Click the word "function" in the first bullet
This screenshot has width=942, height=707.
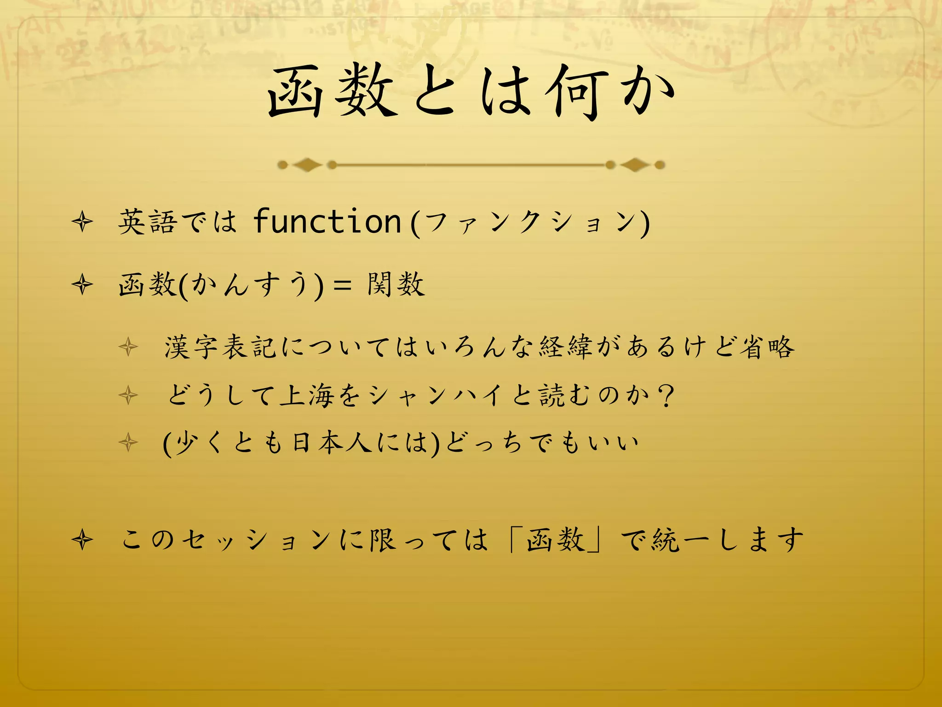coord(327,222)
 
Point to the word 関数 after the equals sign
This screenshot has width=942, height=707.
coord(396,284)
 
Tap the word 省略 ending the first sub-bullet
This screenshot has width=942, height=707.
coord(767,347)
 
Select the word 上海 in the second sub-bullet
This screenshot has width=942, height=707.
coord(307,395)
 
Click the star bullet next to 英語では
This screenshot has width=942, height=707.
coord(83,223)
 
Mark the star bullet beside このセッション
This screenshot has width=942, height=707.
coord(83,540)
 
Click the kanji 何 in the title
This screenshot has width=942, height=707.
coord(576,92)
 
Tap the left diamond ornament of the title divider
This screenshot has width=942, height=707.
coord(307,164)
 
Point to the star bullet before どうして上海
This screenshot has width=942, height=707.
coord(128,395)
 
